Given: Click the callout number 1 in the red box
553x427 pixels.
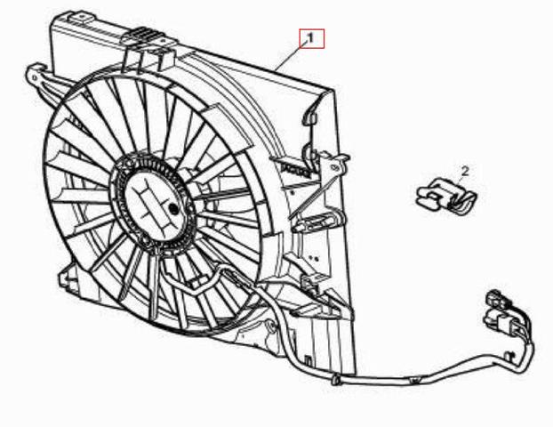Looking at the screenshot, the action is coord(310,38).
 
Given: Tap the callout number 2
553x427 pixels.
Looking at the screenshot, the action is coord(465,172).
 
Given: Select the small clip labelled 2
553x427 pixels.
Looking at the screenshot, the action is coord(446,197).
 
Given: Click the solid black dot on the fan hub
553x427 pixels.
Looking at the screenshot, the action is coord(173,209).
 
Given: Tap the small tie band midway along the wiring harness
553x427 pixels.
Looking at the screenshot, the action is coord(414,380).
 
